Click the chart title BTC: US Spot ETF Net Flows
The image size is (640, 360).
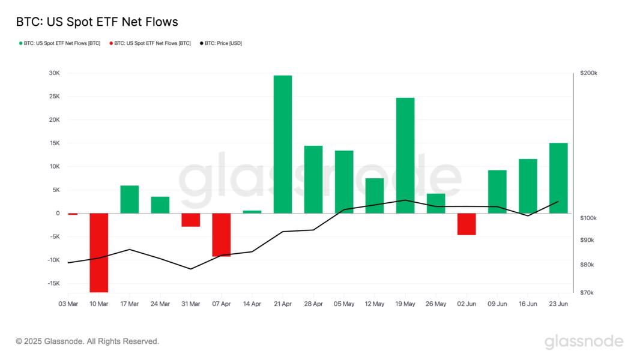[97, 22]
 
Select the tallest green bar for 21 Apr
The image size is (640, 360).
[283, 144]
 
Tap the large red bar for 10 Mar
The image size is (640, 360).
[99, 252]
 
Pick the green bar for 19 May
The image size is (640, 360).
[405, 155]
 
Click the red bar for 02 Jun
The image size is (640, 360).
[466, 224]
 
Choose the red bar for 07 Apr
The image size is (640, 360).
[222, 235]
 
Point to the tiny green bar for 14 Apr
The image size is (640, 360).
[252, 212]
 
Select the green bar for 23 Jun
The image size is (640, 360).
[558, 178]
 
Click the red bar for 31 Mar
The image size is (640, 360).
[191, 220]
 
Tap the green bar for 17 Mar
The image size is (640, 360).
[130, 199]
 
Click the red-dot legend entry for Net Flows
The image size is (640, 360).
[150, 43]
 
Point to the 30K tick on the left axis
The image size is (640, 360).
[54, 73]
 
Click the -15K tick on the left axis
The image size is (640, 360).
[53, 283]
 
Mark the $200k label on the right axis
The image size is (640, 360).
[589, 73]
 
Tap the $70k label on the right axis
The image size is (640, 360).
[587, 293]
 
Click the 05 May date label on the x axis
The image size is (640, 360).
[344, 304]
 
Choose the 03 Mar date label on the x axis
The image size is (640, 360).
[68, 304]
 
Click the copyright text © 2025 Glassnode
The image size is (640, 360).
[88, 341]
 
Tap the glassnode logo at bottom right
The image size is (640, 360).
[584, 342]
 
